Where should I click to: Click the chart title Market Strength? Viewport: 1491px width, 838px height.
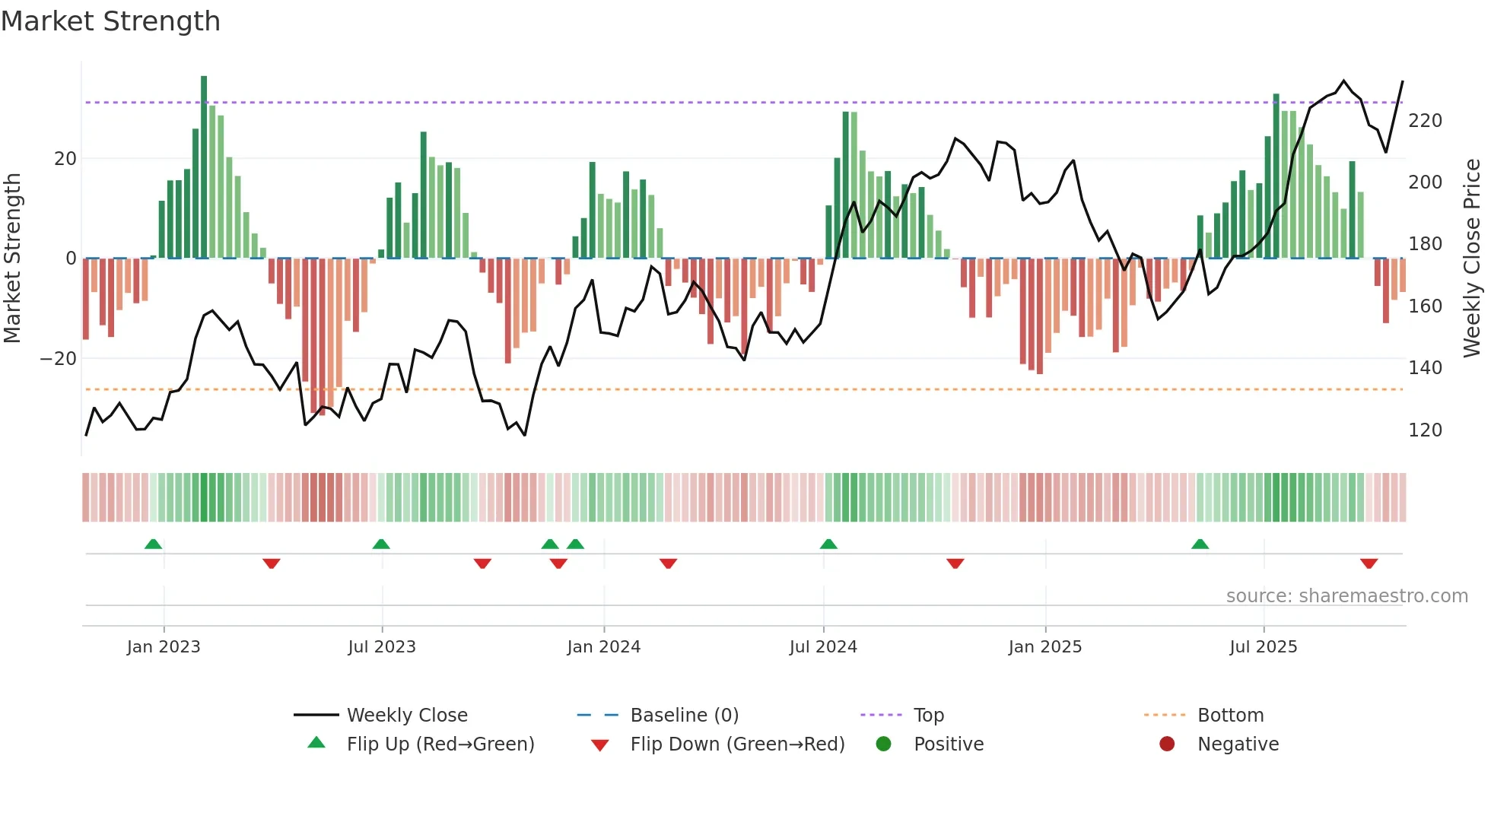[x=110, y=21]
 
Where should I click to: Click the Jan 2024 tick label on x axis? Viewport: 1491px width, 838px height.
[x=603, y=647]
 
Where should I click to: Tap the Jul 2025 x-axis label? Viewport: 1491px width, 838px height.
[x=1263, y=647]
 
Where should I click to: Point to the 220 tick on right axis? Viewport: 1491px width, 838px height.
[x=1425, y=121]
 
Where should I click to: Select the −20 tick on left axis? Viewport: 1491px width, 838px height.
[x=59, y=359]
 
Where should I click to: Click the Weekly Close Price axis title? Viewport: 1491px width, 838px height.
[x=1472, y=259]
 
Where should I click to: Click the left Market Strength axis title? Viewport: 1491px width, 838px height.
[x=13, y=259]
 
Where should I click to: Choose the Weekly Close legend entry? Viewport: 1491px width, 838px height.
[x=406, y=716]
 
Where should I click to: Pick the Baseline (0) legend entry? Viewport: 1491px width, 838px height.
[x=684, y=716]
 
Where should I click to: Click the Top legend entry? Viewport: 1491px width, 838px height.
[x=928, y=716]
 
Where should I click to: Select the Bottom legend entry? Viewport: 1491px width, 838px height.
[x=1230, y=716]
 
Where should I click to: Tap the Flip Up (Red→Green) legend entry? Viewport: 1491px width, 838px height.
[x=440, y=744]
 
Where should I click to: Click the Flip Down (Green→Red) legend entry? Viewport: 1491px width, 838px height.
[x=736, y=744]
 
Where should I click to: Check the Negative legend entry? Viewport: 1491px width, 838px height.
[x=1238, y=744]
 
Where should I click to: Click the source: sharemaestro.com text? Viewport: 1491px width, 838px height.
[x=1346, y=596]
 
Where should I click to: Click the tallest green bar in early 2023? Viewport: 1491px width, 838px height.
[x=204, y=167]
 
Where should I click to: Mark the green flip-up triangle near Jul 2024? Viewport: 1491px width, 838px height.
[x=828, y=544]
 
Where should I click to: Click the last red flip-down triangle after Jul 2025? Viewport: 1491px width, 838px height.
[x=1369, y=563]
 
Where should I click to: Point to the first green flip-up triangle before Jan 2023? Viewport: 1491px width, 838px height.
[x=153, y=544]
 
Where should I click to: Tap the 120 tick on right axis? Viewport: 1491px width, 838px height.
[x=1425, y=430]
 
